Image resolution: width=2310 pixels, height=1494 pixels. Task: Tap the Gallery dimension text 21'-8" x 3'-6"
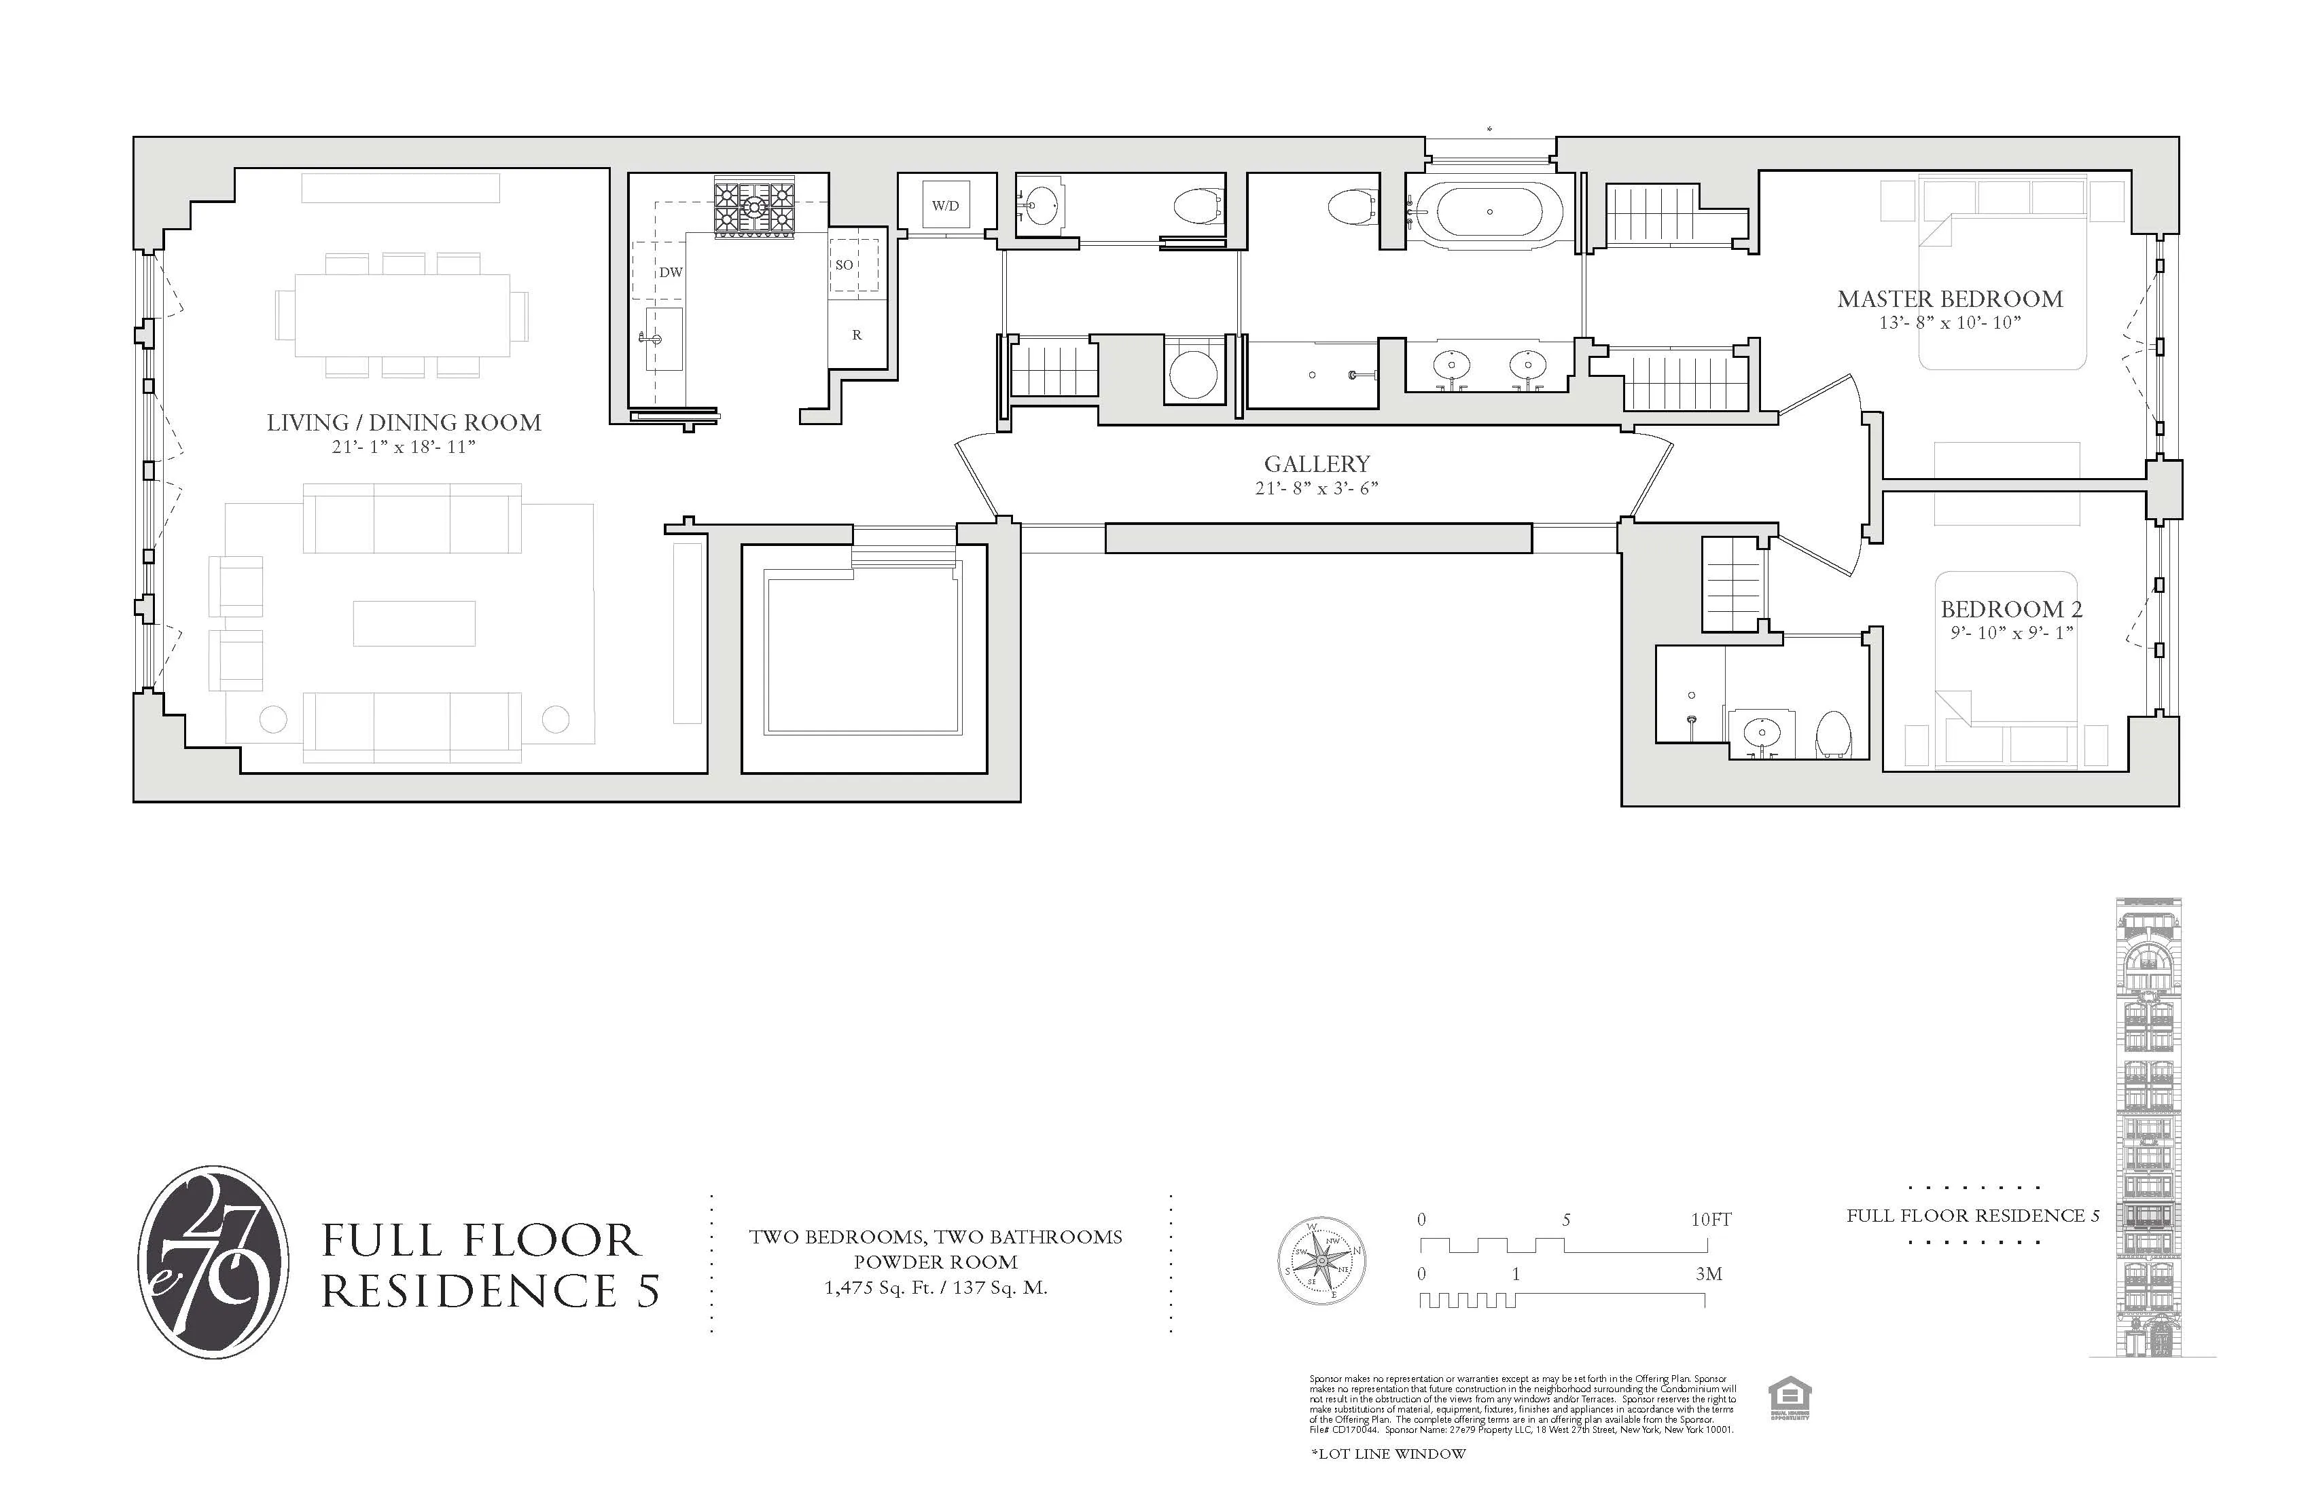click(1316, 488)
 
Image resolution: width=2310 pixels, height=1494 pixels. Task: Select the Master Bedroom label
click(1950, 299)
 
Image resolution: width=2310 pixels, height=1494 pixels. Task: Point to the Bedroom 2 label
click(2011, 609)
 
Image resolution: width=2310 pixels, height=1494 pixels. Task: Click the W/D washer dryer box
click(945, 204)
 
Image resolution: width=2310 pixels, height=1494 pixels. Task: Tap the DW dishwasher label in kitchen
click(671, 272)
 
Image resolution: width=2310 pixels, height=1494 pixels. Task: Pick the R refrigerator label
click(857, 335)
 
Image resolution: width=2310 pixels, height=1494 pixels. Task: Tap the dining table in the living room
click(403, 316)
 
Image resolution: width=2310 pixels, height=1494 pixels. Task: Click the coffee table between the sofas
click(414, 623)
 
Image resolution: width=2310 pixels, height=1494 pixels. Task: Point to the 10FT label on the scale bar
click(1710, 1220)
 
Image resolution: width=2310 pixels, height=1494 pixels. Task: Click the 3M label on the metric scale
click(1708, 1274)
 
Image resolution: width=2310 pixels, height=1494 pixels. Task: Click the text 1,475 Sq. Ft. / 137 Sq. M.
click(936, 1288)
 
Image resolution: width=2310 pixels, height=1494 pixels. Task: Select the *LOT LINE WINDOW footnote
click(1388, 1453)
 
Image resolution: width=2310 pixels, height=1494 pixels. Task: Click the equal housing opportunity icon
click(1790, 1399)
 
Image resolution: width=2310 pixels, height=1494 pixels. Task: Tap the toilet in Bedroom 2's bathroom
click(1834, 734)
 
